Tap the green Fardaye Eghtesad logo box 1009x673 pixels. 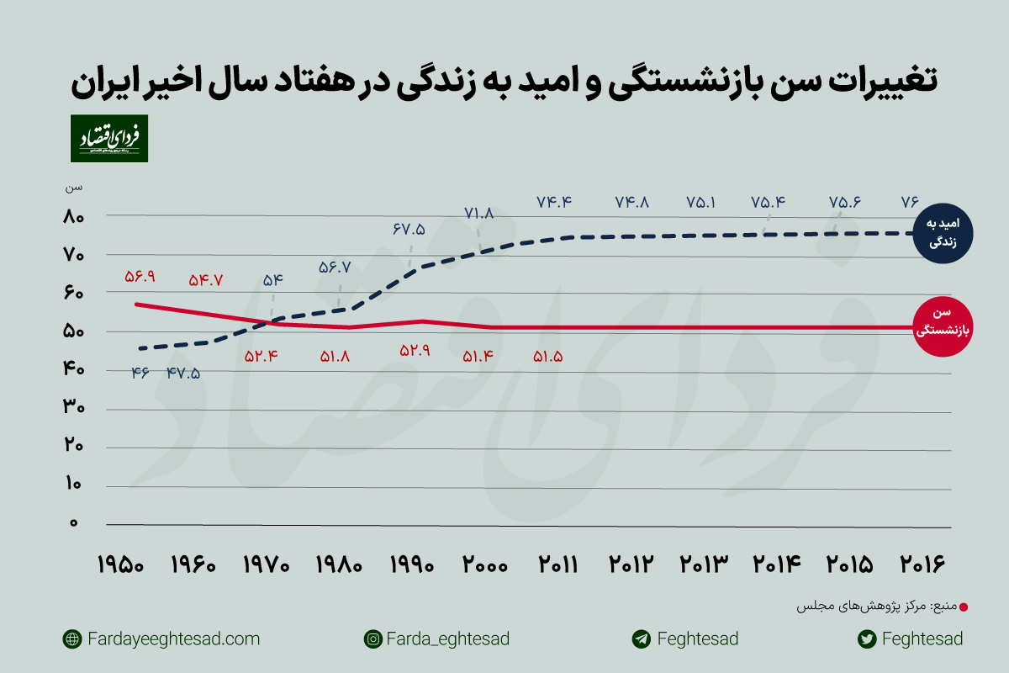coord(108,139)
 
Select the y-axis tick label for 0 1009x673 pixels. coord(74,523)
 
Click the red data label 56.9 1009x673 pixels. coord(144,277)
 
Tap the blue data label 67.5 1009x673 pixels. coord(409,229)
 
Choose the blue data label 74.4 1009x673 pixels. coord(554,202)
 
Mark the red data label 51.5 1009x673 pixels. coord(547,356)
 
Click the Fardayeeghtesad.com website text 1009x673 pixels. coord(173,639)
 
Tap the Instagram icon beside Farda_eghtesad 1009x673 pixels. coord(372,639)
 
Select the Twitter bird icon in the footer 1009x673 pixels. coord(867,639)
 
